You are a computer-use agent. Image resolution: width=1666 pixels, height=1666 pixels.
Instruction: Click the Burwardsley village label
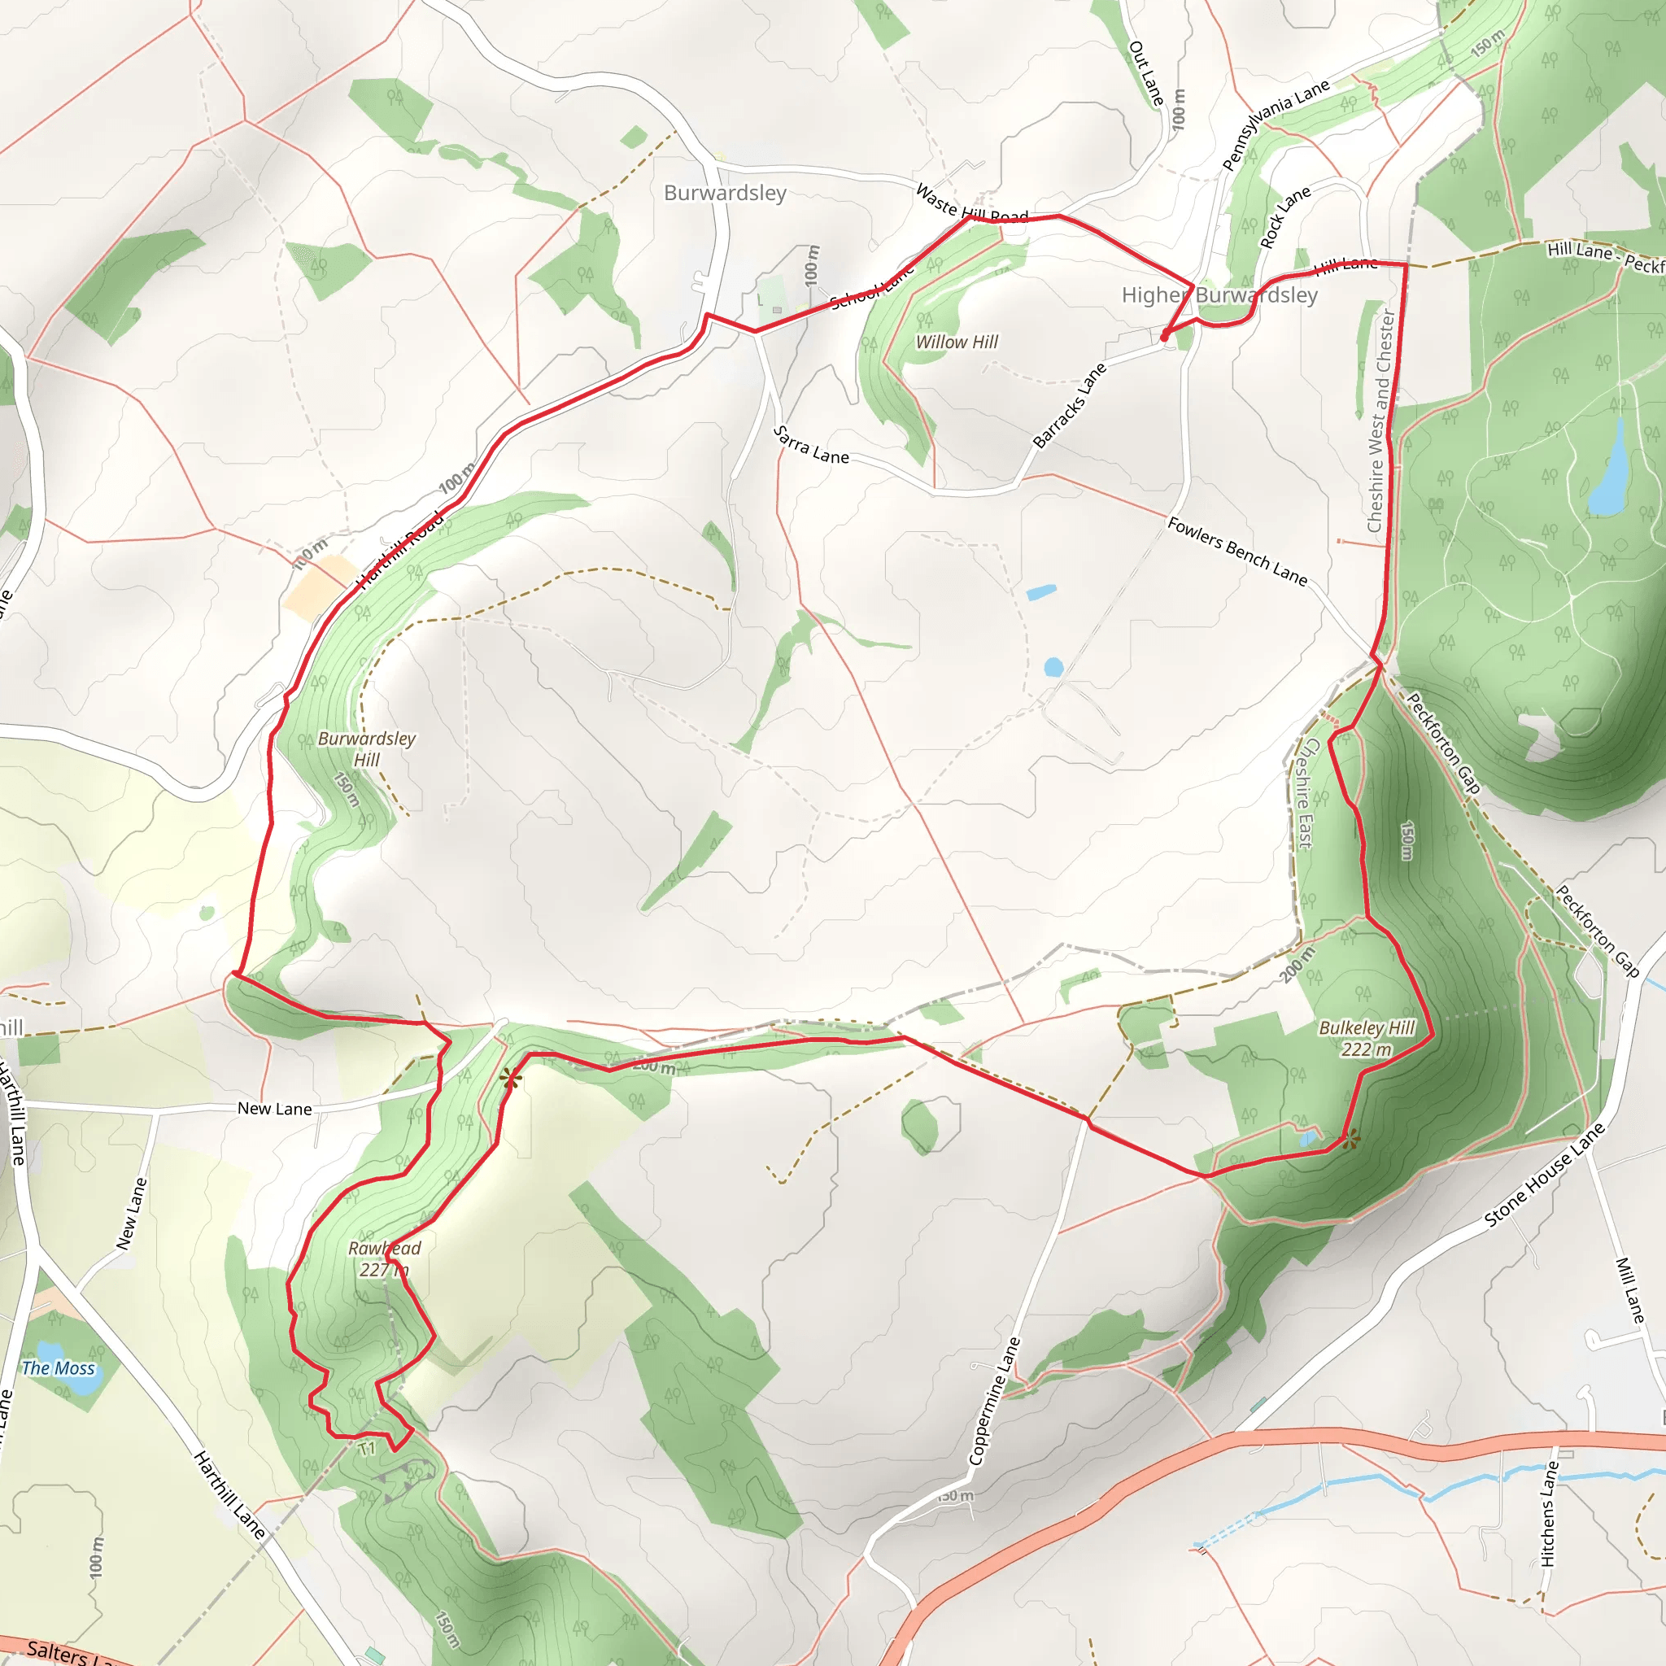[x=724, y=193]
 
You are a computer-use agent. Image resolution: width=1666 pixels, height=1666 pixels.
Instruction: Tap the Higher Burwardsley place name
[x=1219, y=295]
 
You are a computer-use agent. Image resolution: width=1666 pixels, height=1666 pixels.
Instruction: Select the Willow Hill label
[x=957, y=342]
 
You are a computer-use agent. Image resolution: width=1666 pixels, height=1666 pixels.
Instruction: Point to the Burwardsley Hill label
[x=367, y=748]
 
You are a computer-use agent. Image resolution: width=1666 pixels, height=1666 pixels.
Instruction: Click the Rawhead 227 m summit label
[x=384, y=1258]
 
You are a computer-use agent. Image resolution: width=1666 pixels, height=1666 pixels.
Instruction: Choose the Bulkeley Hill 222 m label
[x=1367, y=1038]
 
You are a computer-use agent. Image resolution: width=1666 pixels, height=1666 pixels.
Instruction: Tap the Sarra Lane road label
[x=810, y=445]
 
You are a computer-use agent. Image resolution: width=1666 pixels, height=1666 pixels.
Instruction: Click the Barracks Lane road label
[x=1069, y=406]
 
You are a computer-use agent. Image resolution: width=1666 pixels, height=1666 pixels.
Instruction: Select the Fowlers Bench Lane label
[x=1236, y=551]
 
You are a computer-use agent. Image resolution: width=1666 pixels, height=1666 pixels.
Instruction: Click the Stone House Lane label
[x=1543, y=1175]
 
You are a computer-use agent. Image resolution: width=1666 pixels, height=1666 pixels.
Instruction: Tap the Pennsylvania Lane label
[x=1276, y=125]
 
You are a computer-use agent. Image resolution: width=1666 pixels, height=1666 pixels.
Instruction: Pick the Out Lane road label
[x=1146, y=73]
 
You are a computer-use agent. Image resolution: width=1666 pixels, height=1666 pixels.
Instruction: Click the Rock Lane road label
[x=1284, y=217]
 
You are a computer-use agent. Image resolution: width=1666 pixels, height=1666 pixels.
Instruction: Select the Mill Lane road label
[x=1629, y=1290]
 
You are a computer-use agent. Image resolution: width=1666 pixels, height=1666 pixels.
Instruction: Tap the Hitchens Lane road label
[x=1550, y=1513]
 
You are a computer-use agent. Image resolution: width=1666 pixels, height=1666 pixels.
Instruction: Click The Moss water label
[x=58, y=1367]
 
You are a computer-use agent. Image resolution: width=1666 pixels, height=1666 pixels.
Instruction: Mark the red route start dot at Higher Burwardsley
[x=1165, y=335]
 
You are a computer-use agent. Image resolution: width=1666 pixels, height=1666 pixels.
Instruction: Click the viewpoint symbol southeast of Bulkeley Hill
[x=1351, y=1140]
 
